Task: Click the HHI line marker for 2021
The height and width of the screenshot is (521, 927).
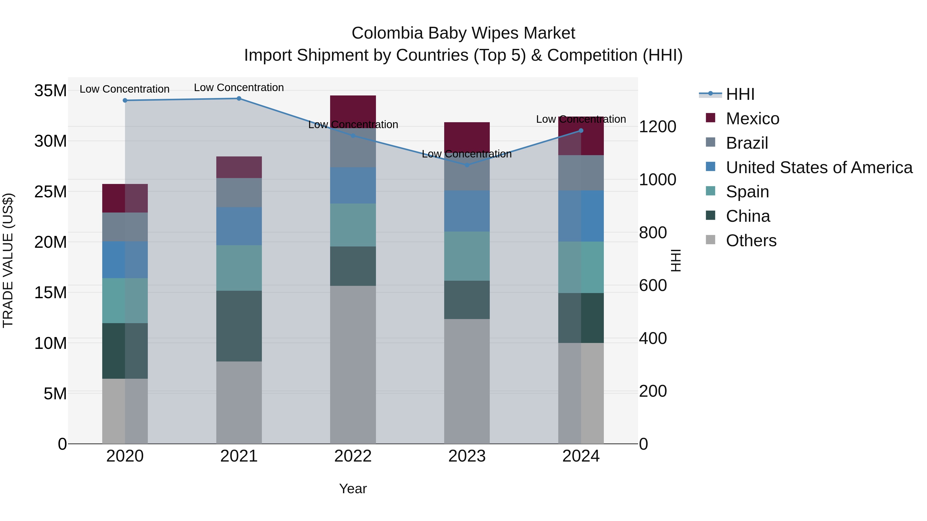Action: tap(239, 99)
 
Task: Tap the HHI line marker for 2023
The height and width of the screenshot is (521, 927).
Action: tap(467, 165)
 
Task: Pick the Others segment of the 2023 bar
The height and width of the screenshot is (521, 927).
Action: tap(467, 381)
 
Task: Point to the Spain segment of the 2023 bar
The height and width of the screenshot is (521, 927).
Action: tap(467, 256)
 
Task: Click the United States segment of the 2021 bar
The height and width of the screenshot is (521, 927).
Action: tap(239, 226)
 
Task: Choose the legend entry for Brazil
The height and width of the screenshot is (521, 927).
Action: tap(747, 143)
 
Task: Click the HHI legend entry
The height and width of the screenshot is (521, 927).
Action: tap(740, 94)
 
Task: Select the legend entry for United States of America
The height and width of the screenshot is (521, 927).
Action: tap(819, 167)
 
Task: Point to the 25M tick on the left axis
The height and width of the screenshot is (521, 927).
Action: tap(50, 192)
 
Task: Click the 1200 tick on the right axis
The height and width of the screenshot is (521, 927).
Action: tap(657, 127)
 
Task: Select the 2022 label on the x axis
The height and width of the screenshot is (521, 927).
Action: tap(353, 456)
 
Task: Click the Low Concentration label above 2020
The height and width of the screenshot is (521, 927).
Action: tap(125, 89)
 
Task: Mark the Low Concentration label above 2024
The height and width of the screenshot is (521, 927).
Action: tap(581, 119)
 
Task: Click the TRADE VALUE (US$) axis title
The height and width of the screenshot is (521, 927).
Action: tap(8, 260)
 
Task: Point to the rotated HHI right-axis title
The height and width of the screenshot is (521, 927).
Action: tap(676, 260)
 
